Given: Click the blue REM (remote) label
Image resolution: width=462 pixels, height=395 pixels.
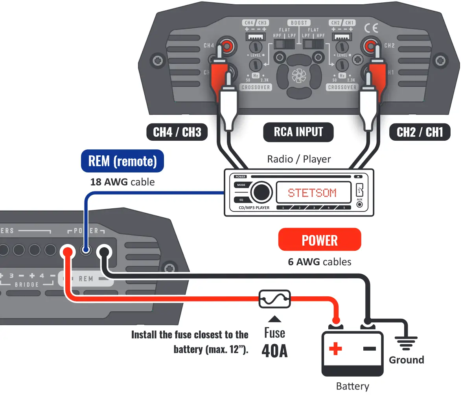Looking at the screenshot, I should click(x=122, y=161).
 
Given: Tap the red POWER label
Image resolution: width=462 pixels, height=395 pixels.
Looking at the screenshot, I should click(x=319, y=240).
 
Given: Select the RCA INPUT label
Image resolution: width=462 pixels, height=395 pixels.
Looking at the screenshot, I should click(x=298, y=132).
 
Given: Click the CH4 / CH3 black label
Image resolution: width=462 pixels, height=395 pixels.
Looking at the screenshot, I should click(x=177, y=132).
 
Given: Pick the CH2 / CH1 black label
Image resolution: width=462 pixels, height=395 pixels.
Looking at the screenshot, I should click(x=420, y=132).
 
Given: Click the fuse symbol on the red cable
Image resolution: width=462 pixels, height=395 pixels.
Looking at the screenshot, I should click(x=274, y=299).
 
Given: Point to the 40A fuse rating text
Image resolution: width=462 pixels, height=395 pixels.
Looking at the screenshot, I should click(x=274, y=351).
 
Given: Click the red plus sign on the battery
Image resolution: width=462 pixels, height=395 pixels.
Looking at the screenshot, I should click(x=335, y=348).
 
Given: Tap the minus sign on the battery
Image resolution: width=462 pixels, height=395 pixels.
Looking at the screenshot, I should click(x=369, y=348).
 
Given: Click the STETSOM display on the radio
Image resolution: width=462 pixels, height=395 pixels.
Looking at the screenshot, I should click(x=312, y=193).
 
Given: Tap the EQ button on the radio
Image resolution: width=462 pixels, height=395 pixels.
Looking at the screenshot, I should click(x=241, y=200).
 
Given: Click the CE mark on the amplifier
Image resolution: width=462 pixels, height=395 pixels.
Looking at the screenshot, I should click(x=370, y=28).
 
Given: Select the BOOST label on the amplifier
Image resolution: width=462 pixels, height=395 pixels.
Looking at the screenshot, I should click(x=299, y=23).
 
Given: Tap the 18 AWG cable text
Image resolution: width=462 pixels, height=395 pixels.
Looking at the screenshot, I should click(x=122, y=182).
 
